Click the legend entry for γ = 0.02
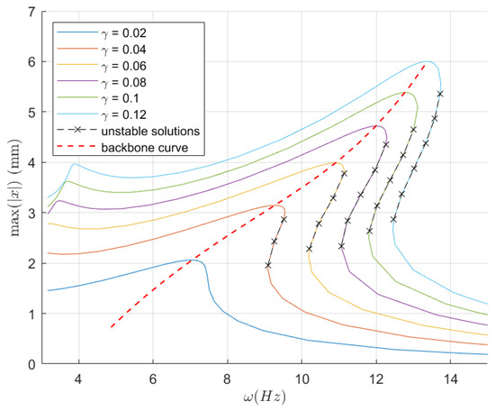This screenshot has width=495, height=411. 123,32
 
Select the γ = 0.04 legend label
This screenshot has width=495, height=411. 123,50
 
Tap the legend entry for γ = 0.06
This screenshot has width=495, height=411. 123,66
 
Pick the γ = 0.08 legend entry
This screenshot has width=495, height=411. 123,82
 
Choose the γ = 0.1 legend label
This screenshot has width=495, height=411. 120,98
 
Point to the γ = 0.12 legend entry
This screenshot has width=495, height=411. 123,114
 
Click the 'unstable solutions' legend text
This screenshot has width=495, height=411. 150,132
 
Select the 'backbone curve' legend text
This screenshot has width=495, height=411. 145,148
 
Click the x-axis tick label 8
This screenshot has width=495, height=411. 228,379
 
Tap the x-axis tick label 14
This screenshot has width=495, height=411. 451,379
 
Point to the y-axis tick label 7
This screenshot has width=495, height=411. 32,12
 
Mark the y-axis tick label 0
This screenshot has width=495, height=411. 32,364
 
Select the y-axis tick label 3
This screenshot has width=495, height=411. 32,213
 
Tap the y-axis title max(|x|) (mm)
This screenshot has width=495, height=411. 14,188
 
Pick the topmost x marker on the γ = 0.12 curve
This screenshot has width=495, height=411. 440,94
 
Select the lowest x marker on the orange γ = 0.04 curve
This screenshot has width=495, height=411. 268,265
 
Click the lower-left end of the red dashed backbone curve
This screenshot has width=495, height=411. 112,327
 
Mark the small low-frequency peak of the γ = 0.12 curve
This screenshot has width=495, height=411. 75,164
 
